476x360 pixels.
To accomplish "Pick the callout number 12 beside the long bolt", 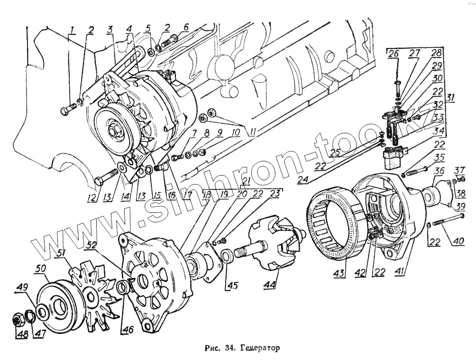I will click(90, 198).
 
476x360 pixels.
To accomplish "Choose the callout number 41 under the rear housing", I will click(401, 272).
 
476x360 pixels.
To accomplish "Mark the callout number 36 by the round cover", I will click(439, 171).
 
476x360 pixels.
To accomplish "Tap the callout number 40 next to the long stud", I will click(458, 241).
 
